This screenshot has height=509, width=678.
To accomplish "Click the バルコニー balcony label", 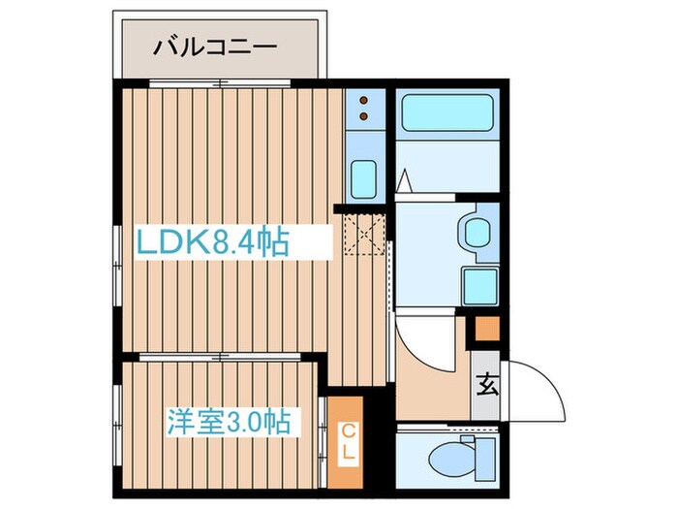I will pos(214,46).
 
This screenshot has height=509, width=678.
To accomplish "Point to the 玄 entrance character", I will pos(487,387).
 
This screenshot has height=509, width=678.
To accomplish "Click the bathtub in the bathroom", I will pos(447,118).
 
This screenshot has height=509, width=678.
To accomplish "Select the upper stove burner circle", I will pos(363,100).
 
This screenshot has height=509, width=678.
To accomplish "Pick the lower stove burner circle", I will pos(363,117).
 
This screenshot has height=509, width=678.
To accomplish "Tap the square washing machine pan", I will pos(479,285).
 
